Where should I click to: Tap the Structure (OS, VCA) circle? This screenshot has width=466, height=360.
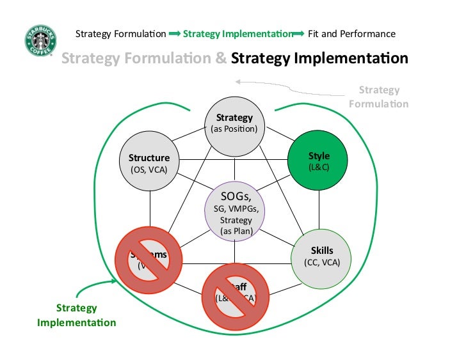pyautogui.click(x=149, y=162)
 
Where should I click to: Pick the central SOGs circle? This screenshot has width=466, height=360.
pyautogui.click(x=234, y=211)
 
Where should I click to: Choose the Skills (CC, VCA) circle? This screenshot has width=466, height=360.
pyautogui.click(x=321, y=256)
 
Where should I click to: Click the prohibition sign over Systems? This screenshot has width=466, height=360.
pyautogui.click(x=149, y=259)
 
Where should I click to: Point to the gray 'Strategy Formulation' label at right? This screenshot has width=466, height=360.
pyautogui.click(x=379, y=97)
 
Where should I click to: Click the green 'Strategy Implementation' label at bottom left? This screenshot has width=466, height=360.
pyautogui.click(x=77, y=315)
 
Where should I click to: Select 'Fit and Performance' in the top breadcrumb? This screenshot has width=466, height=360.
pyautogui.click(x=351, y=34)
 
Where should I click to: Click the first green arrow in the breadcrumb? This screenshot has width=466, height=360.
pyautogui.click(x=175, y=34)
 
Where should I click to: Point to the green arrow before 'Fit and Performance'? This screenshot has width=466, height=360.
pyautogui.click(x=298, y=34)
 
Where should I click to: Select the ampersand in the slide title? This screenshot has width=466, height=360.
pyautogui.click(x=221, y=59)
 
